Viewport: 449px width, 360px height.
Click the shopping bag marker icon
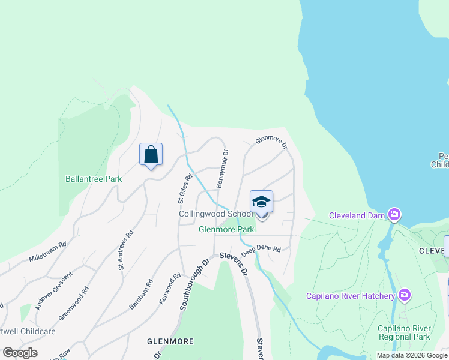coord(151,155)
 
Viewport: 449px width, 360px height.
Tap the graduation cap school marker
coord(261,202)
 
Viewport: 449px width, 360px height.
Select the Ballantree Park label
coord(94,179)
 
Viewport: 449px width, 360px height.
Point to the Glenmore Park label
coord(227,229)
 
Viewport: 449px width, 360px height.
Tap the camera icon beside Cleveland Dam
coord(394,214)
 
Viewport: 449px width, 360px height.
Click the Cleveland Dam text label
coord(358,215)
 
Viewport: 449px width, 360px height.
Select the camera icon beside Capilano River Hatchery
coord(404,294)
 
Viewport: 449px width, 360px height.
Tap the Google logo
coord(20,353)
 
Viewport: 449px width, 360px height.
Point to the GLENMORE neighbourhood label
coord(170,341)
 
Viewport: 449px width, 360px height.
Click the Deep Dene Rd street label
coord(262,248)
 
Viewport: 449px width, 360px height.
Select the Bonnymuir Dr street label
coord(221,169)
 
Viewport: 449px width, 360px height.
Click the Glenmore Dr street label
coord(271,142)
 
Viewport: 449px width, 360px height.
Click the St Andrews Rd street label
coord(125,250)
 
